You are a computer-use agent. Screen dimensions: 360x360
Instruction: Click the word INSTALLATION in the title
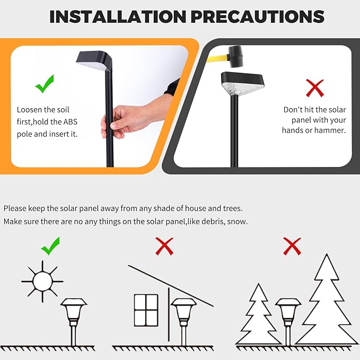[x=117, y=16]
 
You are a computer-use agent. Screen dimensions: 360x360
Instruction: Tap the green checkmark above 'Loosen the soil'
[x=45, y=83]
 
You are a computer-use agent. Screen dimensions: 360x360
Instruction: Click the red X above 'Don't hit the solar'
[x=315, y=88]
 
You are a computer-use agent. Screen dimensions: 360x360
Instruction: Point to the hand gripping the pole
[x=125, y=120]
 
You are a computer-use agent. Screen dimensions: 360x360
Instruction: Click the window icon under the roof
[x=146, y=310]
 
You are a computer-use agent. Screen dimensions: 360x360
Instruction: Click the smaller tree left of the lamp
[x=258, y=315]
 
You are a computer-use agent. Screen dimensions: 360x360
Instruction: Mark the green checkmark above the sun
[x=50, y=245]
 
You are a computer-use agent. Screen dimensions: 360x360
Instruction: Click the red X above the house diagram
[x=164, y=245]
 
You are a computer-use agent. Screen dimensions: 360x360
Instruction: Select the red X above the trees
[x=292, y=245]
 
